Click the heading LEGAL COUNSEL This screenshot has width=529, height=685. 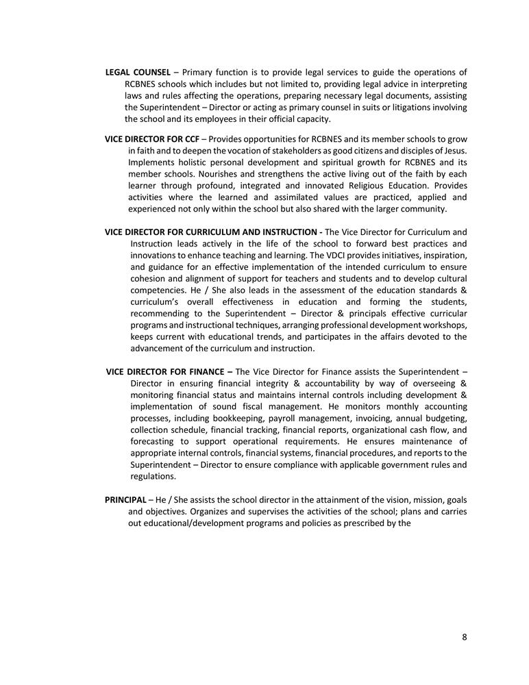(138, 73)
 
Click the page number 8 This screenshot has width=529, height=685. (465, 637)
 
